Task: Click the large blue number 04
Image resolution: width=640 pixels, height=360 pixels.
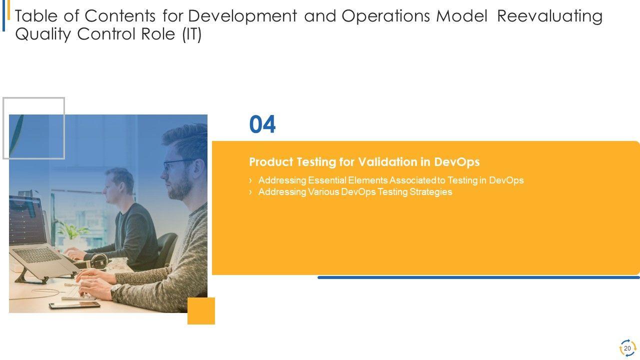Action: pyautogui.click(x=262, y=124)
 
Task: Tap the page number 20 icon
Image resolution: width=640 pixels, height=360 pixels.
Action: pyautogui.click(x=627, y=348)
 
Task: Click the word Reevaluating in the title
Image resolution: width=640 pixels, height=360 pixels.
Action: pyautogui.click(x=549, y=16)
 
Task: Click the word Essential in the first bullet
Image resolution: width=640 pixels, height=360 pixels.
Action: pyautogui.click(x=327, y=180)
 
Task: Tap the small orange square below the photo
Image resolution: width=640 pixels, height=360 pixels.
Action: pyautogui.click(x=201, y=311)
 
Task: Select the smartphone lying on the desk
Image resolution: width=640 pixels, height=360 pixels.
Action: pyautogui.click(x=74, y=305)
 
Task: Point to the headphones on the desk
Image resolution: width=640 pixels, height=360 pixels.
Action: pyautogui.click(x=98, y=260)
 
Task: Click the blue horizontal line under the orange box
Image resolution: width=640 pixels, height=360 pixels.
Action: pyautogui.click(x=478, y=277)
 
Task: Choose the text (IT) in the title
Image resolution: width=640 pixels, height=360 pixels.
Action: pyautogui.click(x=192, y=34)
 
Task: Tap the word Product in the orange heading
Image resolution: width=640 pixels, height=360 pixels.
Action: pyautogui.click(x=271, y=162)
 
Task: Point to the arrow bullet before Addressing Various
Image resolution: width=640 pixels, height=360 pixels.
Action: pyautogui.click(x=250, y=192)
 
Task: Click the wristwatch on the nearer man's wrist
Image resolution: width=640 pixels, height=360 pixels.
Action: pyautogui.click(x=115, y=291)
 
